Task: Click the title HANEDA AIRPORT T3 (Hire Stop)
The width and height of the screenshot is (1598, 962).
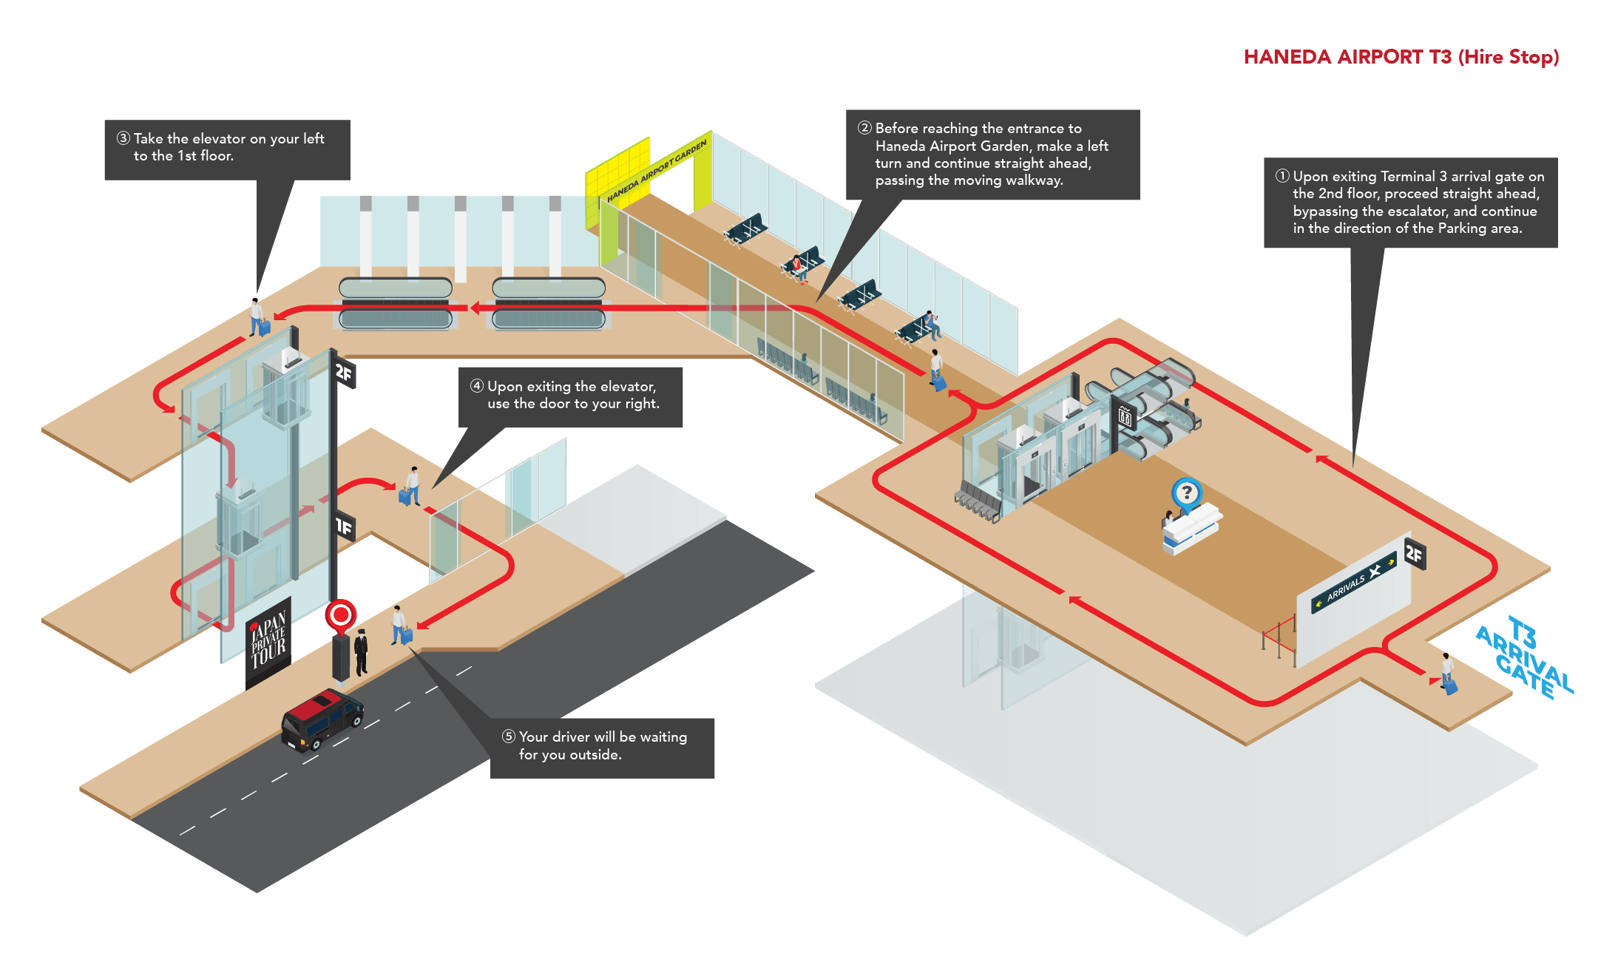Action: pyautogui.click(x=1401, y=57)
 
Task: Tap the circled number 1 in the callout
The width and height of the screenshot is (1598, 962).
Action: pyautogui.click(x=1282, y=176)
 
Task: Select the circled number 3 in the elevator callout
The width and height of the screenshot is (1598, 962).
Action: pyautogui.click(x=123, y=138)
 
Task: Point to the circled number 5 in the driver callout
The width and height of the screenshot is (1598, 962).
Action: pyautogui.click(x=508, y=736)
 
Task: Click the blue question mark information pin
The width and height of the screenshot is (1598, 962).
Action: pyautogui.click(x=1186, y=492)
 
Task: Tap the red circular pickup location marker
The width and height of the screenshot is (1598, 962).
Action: pyautogui.click(x=341, y=615)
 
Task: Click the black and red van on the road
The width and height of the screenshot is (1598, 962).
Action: pyautogui.click(x=322, y=719)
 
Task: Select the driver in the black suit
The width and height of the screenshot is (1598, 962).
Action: pyautogui.click(x=361, y=651)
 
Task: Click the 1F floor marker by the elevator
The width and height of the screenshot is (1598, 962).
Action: pyautogui.click(x=345, y=526)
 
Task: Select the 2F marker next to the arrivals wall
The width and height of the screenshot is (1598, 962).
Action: pyautogui.click(x=1414, y=552)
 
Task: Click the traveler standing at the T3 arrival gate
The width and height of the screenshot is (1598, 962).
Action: pyautogui.click(x=1448, y=673)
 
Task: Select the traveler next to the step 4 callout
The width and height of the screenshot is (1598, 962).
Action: pyautogui.click(x=410, y=487)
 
